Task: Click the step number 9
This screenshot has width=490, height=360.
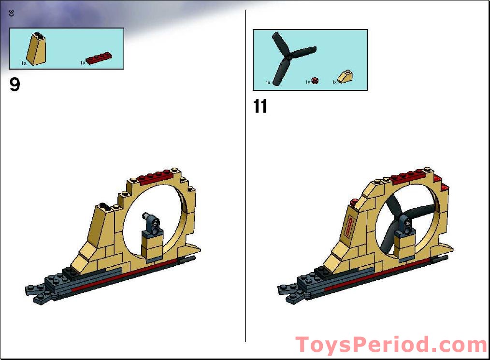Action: click(15, 85)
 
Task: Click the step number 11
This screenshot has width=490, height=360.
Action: click(260, 106)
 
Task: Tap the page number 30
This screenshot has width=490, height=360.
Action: click(11, 14)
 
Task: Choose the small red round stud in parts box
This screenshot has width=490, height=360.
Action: click(315, 81)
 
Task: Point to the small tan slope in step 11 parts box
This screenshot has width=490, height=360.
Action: click(346, 77)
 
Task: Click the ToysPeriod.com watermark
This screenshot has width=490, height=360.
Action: click(391, 345)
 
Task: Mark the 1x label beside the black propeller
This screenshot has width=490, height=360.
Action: click(268, 83)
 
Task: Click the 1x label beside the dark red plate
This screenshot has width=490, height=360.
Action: click(83, 63)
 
